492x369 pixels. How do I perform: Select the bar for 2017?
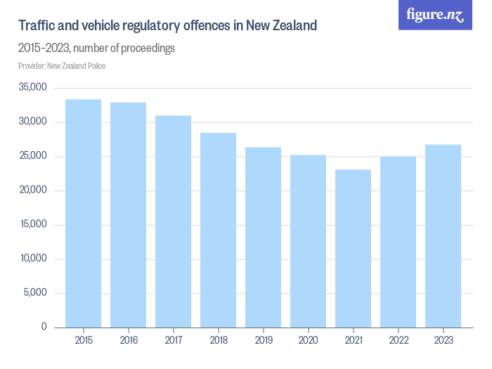pos(173,221)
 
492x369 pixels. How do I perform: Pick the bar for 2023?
pos(443,235)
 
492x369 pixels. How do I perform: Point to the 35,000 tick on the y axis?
pos(32,88)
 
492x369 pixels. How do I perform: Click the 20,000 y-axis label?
pos(32,190)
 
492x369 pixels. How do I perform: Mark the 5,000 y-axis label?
pos(34,293)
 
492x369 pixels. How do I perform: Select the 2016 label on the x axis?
pos(128,340)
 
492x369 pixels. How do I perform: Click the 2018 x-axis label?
pos(218,340)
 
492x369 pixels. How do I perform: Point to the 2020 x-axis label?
pos(308,340)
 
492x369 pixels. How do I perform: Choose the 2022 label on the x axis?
pos(398,340)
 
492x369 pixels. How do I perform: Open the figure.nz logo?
pos(435,15)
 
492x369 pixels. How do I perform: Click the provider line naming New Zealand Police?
pos(62,66)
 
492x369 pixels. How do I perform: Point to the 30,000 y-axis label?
pos(32,122)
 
